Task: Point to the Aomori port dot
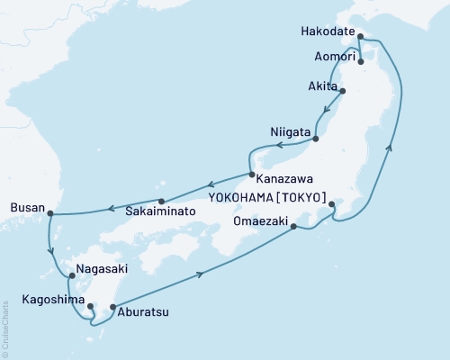coord(361,62)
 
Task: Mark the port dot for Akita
coord(342,91)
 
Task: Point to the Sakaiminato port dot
coord(161,202)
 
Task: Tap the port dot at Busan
coord(49,213)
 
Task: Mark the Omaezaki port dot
coord(294,227)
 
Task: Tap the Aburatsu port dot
coord(112,308)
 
